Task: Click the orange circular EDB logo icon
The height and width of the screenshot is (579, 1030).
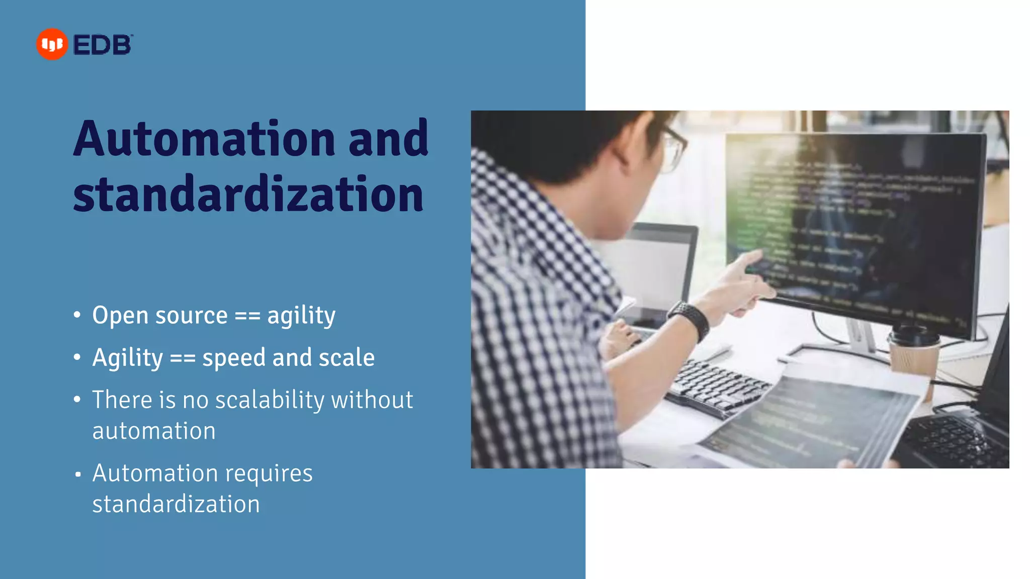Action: click(x=52, y=44)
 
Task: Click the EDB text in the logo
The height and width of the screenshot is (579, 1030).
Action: click(x=103, y=45)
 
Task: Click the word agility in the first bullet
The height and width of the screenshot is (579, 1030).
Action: click(x=301, y=316)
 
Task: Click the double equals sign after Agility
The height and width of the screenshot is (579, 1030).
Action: click(x=183, y=358)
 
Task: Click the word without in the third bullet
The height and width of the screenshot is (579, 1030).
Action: click(x=372, y=400)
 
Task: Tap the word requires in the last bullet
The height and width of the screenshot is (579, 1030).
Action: click(x=269, y=473)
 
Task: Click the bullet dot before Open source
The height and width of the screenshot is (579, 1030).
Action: click(x=77, y=315)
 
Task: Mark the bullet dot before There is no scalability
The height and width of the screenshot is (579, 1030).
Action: click(x=77, y=400)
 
